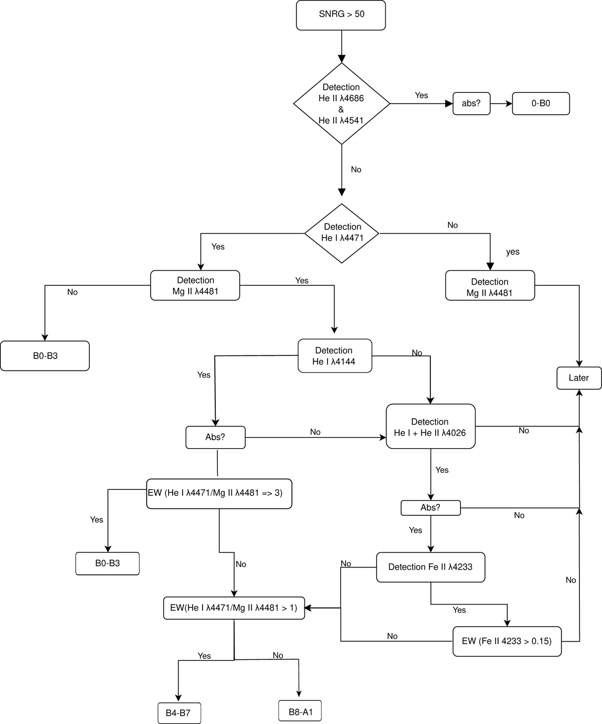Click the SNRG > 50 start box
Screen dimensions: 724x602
341,15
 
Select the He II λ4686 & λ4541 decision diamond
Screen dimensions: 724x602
341,104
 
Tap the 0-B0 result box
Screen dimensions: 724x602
541,104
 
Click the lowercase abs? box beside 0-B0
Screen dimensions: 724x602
471,104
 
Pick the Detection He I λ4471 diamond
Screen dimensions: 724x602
342,233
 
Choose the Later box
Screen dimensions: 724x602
579,378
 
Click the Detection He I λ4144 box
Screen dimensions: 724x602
335,356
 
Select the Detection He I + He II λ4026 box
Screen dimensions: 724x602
430,427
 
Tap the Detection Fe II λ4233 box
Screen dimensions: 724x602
430,567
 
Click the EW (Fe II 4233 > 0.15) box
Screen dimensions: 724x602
507,641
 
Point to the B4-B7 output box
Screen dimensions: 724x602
179,712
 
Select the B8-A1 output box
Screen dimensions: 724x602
299,711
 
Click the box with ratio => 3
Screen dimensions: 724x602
219,494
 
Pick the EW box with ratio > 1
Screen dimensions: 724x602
234,608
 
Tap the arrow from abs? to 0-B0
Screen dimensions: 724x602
501,104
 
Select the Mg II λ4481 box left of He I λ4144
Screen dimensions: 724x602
195,286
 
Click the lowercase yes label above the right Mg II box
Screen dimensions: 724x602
513,252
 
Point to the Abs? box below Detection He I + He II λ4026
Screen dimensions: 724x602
430,508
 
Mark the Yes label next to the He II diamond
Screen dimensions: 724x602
421,95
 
